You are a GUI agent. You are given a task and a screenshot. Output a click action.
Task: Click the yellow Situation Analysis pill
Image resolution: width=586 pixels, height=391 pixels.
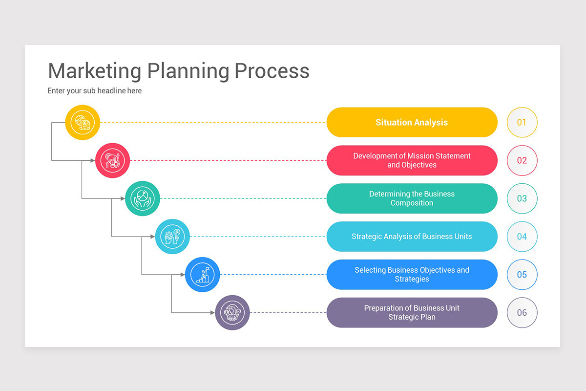412,122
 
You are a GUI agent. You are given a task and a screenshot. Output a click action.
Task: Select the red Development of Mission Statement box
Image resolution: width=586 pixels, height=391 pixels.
412,160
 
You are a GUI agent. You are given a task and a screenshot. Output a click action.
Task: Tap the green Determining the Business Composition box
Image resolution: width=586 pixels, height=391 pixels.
412,198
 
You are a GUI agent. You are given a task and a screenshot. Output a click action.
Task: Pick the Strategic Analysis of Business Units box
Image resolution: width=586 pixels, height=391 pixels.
412,237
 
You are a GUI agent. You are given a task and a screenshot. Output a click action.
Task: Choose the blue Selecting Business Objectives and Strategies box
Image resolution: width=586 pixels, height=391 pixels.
412,275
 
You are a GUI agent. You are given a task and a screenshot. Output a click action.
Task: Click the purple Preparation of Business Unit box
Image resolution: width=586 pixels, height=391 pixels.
412,313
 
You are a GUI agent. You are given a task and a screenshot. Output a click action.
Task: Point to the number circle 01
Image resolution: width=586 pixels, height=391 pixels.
522,122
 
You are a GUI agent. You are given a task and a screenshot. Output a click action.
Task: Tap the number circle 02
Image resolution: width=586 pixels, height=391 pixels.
522,160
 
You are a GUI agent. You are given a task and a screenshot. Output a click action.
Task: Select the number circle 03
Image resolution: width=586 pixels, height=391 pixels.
522,198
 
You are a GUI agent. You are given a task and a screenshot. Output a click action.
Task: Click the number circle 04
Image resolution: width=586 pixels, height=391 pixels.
522,237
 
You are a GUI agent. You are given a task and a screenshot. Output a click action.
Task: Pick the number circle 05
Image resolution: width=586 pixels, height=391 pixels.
522,275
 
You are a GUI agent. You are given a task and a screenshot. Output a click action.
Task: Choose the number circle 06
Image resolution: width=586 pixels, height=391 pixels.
522,313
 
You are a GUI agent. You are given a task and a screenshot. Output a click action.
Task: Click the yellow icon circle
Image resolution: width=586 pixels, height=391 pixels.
83,122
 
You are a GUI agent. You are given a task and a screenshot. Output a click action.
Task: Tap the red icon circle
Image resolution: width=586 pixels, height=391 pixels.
112,160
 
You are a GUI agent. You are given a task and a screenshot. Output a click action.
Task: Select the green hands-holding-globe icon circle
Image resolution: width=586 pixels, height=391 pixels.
143,198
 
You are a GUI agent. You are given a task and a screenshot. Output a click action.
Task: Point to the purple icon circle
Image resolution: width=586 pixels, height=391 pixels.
232,313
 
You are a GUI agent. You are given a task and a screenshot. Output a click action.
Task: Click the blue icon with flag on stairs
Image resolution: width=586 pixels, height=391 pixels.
202,275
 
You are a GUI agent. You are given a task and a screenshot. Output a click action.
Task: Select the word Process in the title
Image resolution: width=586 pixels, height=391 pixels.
272,71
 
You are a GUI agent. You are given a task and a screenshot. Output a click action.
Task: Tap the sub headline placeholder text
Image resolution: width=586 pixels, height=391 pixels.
95,91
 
